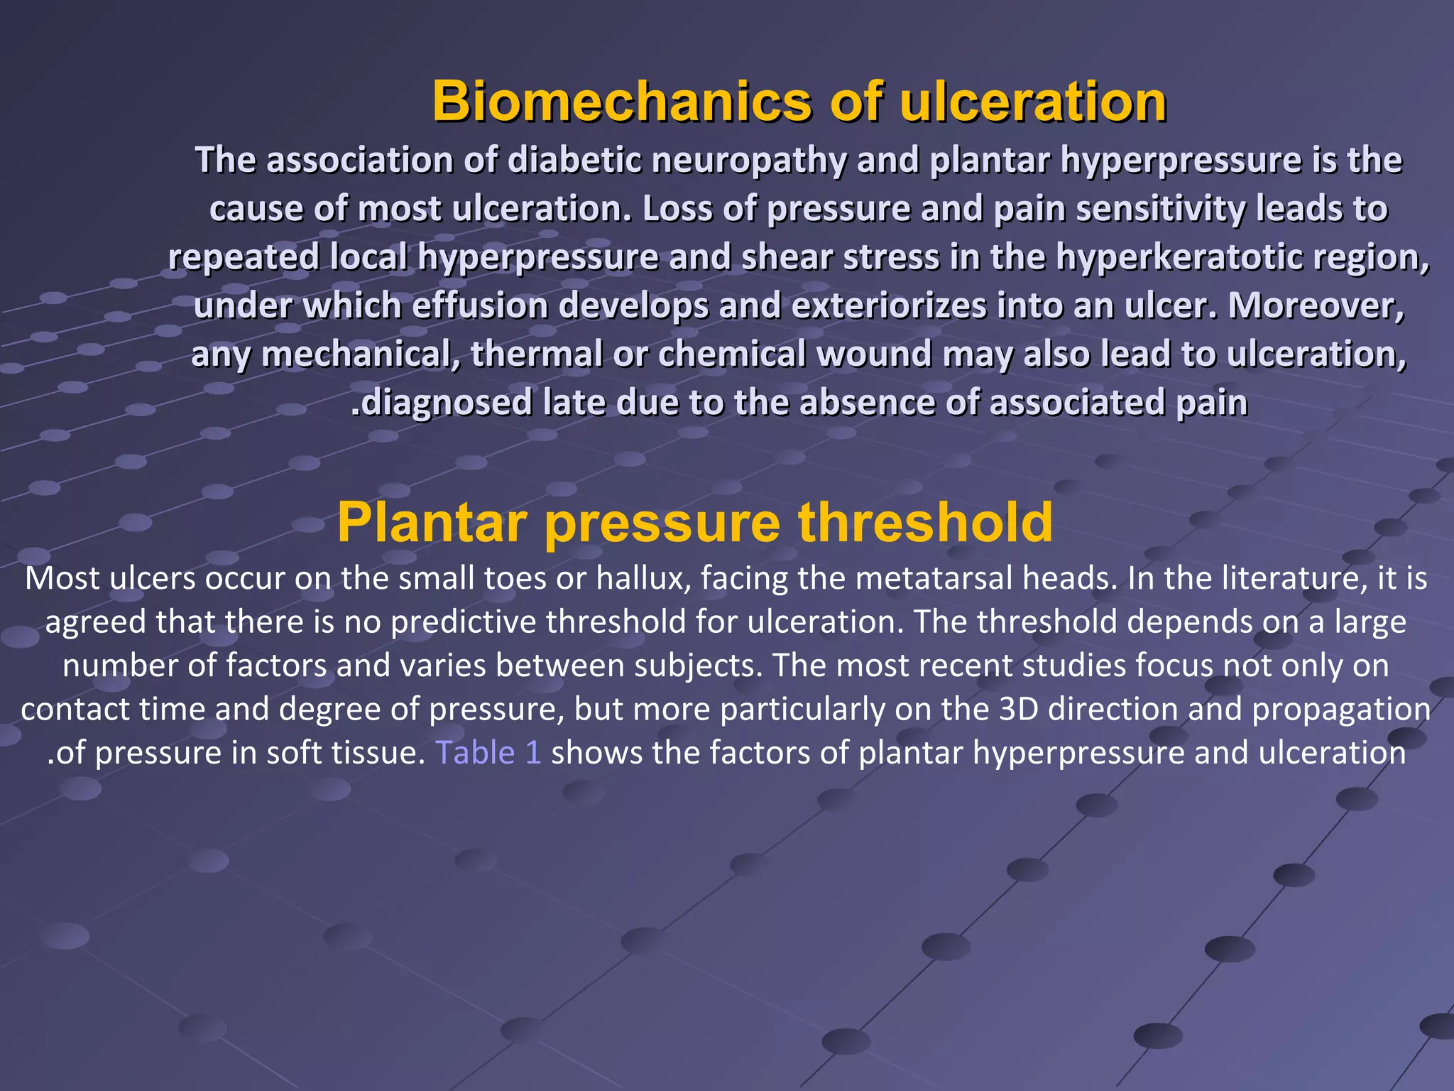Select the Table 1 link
click(x=488, y=753)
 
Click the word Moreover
click(x=1316, y=305)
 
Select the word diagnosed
click(x=447, y=403)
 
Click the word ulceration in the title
click(x=1033, y=102)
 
